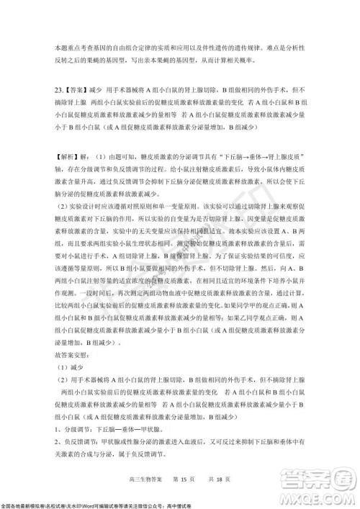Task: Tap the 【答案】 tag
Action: pos(78,92)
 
